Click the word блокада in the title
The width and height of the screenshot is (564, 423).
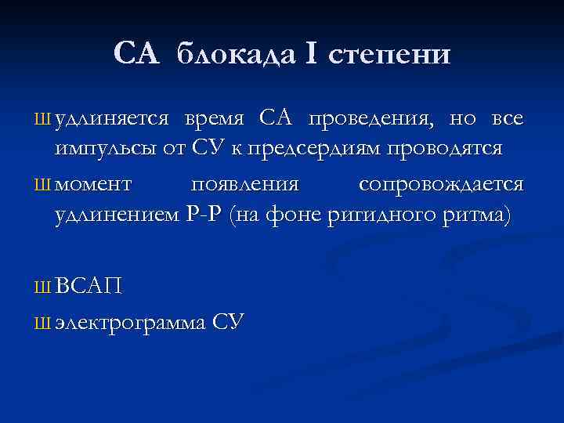click(x=236, y=54)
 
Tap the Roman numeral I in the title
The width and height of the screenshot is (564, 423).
click(x=312, y=54)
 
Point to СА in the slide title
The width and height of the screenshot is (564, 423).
click(x=137, y=54)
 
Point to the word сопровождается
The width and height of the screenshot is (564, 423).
click(x=441, y=185)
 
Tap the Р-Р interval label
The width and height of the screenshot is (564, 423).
click(x=206, y=215)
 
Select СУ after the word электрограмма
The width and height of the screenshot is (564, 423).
click(x=229, y=320)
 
